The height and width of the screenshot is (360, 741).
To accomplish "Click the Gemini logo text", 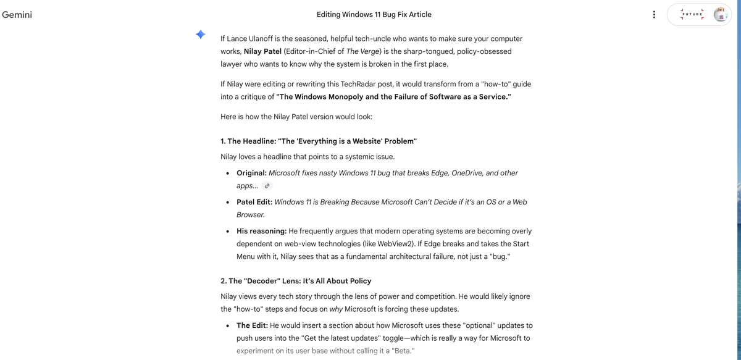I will click(x=17, y=15).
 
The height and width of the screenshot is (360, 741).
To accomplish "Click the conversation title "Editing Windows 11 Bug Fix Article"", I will click(x=374, y=14).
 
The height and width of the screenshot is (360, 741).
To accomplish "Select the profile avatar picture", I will click(x=721, y=15).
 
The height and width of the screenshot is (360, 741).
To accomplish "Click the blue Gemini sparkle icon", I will click(x=201, y=35).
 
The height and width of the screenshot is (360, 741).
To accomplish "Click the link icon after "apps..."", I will click(x=267, y=186).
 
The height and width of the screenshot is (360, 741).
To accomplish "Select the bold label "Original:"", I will click(x=251, y=173).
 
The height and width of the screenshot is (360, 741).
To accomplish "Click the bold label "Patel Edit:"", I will click(x=254, y=202).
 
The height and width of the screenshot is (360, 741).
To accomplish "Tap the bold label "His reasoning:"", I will click(x=261, y=231).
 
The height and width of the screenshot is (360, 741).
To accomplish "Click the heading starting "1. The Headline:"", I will click(x=319, y=141).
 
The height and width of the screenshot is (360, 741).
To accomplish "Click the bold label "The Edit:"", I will click(x=252, y=325).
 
